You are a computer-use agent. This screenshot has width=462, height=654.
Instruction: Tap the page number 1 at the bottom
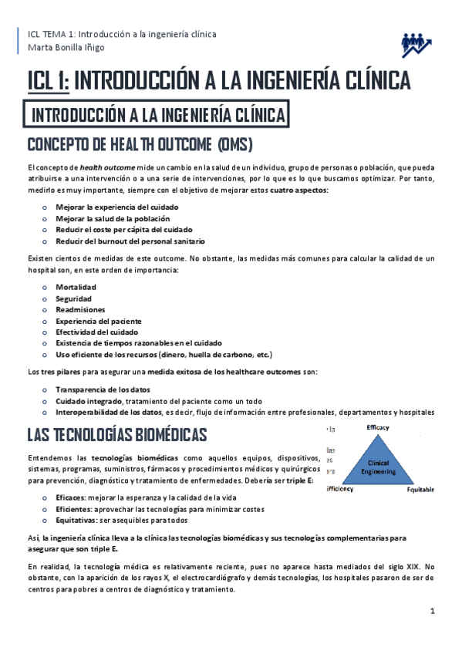[433, 611]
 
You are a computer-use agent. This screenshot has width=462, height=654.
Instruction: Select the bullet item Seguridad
[73, 298]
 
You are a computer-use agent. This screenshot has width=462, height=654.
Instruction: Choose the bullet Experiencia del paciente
[98, 320]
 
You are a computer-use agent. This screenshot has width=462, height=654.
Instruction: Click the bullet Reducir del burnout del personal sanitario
[124, 241]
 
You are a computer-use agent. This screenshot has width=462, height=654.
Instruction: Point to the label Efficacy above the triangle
[378, 426]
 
